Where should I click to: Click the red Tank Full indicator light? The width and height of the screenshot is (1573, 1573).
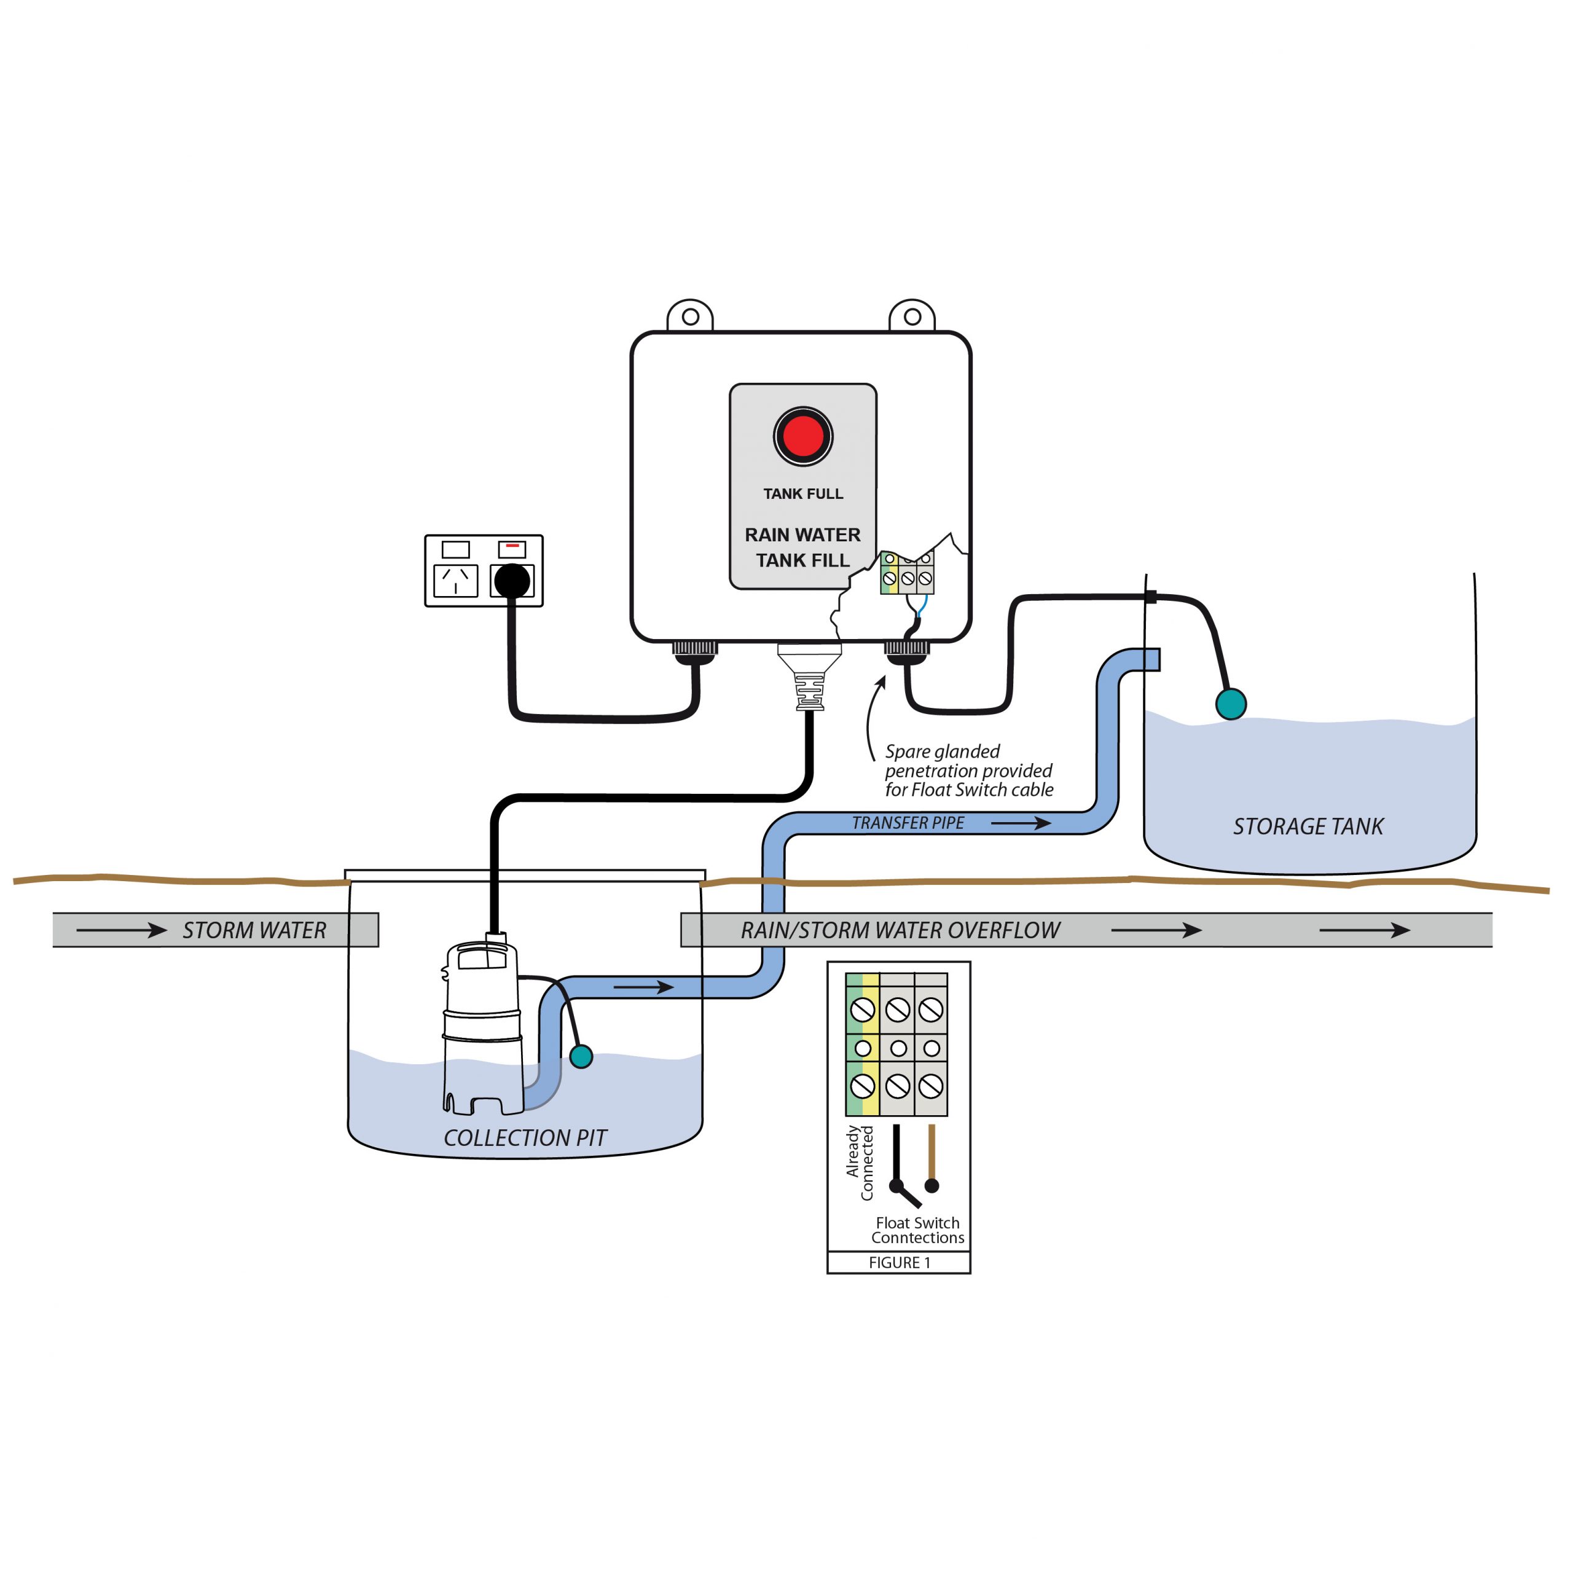click(x=803, y=436)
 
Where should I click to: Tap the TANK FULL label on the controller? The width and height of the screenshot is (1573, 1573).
click(x=803, y=493)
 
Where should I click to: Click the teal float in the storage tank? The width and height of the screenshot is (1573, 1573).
click(x=1230, y=704)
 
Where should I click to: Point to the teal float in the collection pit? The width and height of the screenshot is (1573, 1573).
click(x=581, y=1057)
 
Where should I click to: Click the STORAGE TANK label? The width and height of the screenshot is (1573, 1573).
click(x=1308, y=826)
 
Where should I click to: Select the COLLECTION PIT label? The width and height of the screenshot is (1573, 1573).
click(x=525, y=1137)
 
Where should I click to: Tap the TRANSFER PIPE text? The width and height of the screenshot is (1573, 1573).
click(x=908, y=823)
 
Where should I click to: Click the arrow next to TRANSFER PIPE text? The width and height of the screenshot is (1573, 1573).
click(x=1021, y=823)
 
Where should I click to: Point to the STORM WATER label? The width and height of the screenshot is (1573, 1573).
click(x=254, y=930)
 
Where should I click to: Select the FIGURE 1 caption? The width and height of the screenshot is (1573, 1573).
click(x=899, y=1262)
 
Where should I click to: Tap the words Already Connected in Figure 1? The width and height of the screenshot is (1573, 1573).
click(x=860, y=1162)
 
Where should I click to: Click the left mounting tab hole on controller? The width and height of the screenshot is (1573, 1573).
click(x=691, y=316)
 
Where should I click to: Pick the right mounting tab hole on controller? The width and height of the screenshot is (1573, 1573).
click(x=912, y=316)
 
